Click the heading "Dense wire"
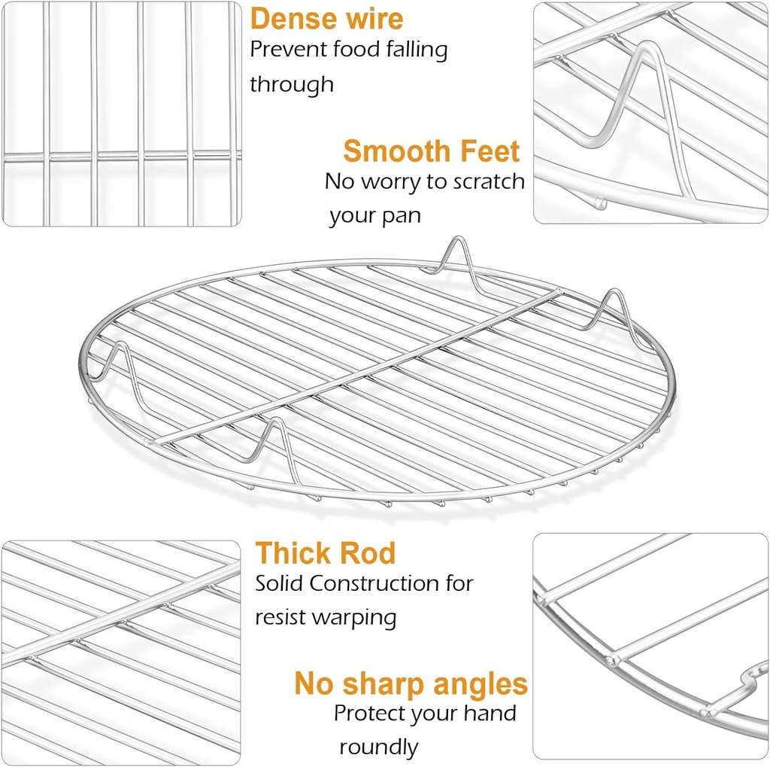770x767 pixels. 326,19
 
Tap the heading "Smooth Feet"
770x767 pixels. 431,151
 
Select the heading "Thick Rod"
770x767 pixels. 325,552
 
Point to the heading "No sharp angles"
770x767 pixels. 411,684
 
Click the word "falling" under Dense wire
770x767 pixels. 417,50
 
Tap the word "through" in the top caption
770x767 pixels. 292,84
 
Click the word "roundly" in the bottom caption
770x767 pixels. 379,747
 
